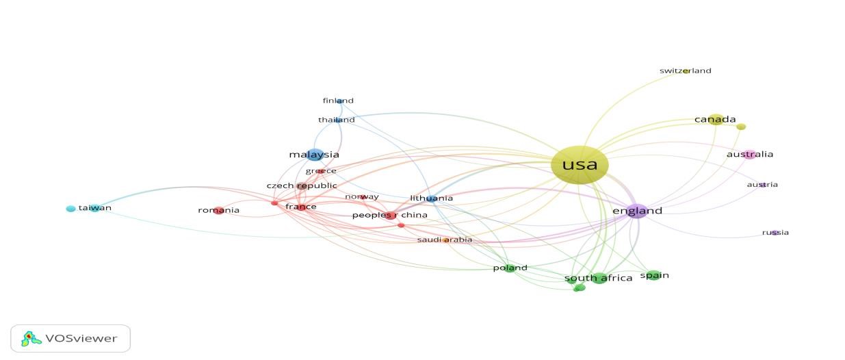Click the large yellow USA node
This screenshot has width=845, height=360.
coord(579,165)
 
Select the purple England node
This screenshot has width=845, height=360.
coord(637,211)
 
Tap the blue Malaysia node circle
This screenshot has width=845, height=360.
coord(315,155)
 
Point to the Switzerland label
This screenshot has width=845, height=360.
coord(685,70)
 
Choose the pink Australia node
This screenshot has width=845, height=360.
coord(750,155)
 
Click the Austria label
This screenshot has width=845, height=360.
coord(762,184)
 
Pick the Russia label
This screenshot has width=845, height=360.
coord(775,233)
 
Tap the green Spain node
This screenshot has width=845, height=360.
coord(653,275)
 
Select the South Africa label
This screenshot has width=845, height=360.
coord(598,279)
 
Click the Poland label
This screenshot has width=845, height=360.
coord(510,268)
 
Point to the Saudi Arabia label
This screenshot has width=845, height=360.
coord(445,240)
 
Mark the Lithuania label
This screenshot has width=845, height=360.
coord(431,198)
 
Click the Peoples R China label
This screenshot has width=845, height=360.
coord(389,215)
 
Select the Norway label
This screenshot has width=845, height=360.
coord(361,197)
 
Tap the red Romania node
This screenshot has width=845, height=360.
coord(219,210)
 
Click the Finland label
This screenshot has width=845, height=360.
coord(338,101)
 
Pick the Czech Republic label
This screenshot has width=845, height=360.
coord(302,185)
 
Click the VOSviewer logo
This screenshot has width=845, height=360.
coord(71,338)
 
